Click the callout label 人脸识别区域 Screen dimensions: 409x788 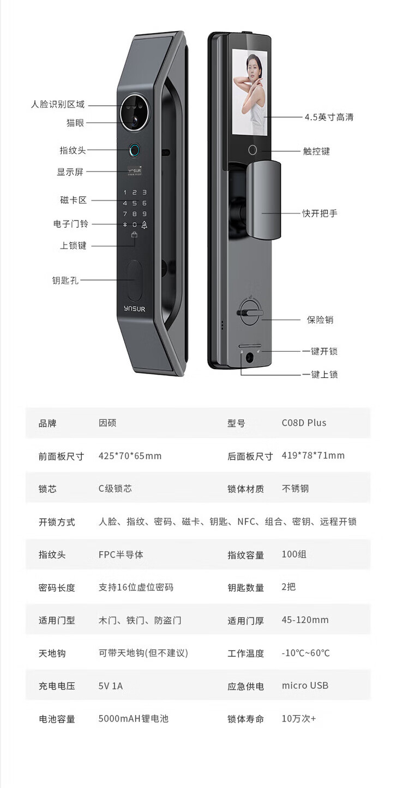point(58,105)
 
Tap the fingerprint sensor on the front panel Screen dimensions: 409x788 point(135,150)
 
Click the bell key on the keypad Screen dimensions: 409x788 point(145,225)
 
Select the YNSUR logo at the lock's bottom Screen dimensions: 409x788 point(135,309)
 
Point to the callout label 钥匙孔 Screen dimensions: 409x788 point(65,280)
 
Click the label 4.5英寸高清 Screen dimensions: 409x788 point(329,117)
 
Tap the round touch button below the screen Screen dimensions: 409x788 point(252,150)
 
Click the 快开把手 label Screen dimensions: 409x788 point(320,213)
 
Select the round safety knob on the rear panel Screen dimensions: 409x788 point(249,313)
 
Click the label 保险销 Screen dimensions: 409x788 point(320,320)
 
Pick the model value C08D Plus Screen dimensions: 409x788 point(304,423)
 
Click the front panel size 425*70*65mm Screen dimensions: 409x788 point(130,456)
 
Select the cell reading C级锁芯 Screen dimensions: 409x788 point(115,488)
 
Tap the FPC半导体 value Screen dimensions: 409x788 point(121,555)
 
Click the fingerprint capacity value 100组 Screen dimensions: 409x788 point(294,554)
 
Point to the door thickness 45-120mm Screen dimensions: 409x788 point(305,620)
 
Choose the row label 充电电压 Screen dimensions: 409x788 point(57,686)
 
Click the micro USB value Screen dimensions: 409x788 point(305,686)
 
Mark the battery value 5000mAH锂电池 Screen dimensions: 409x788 point(134,718)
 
